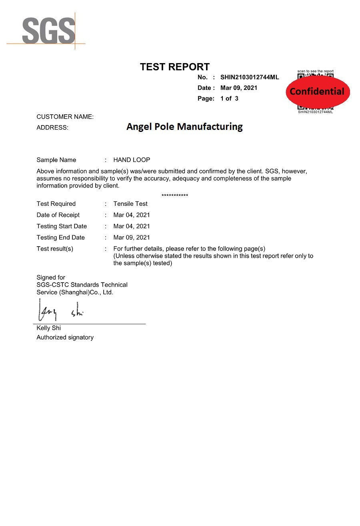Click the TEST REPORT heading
(x=174, y=67)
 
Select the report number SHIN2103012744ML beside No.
(x=249, y=77)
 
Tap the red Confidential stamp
(x=317, y=92)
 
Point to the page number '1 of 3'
(x=229, y=98)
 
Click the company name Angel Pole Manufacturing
(x=184, y=127)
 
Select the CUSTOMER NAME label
(x=65, y=117)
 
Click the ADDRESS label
(x=52, y=128)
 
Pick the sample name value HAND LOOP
(x=132, y=160)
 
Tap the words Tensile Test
(x=130, y=204)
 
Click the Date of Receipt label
(x=58, y=215)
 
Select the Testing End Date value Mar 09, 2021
(x=132, y=237)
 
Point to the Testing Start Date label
(x=62, y=226)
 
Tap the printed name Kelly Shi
(x=49, y=328)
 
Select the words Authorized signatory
(x=65, y=337)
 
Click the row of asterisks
(x=175, y=195)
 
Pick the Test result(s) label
(x=55, y=249)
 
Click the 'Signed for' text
(x=51, y=277)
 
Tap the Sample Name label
(x=56, y=160)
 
